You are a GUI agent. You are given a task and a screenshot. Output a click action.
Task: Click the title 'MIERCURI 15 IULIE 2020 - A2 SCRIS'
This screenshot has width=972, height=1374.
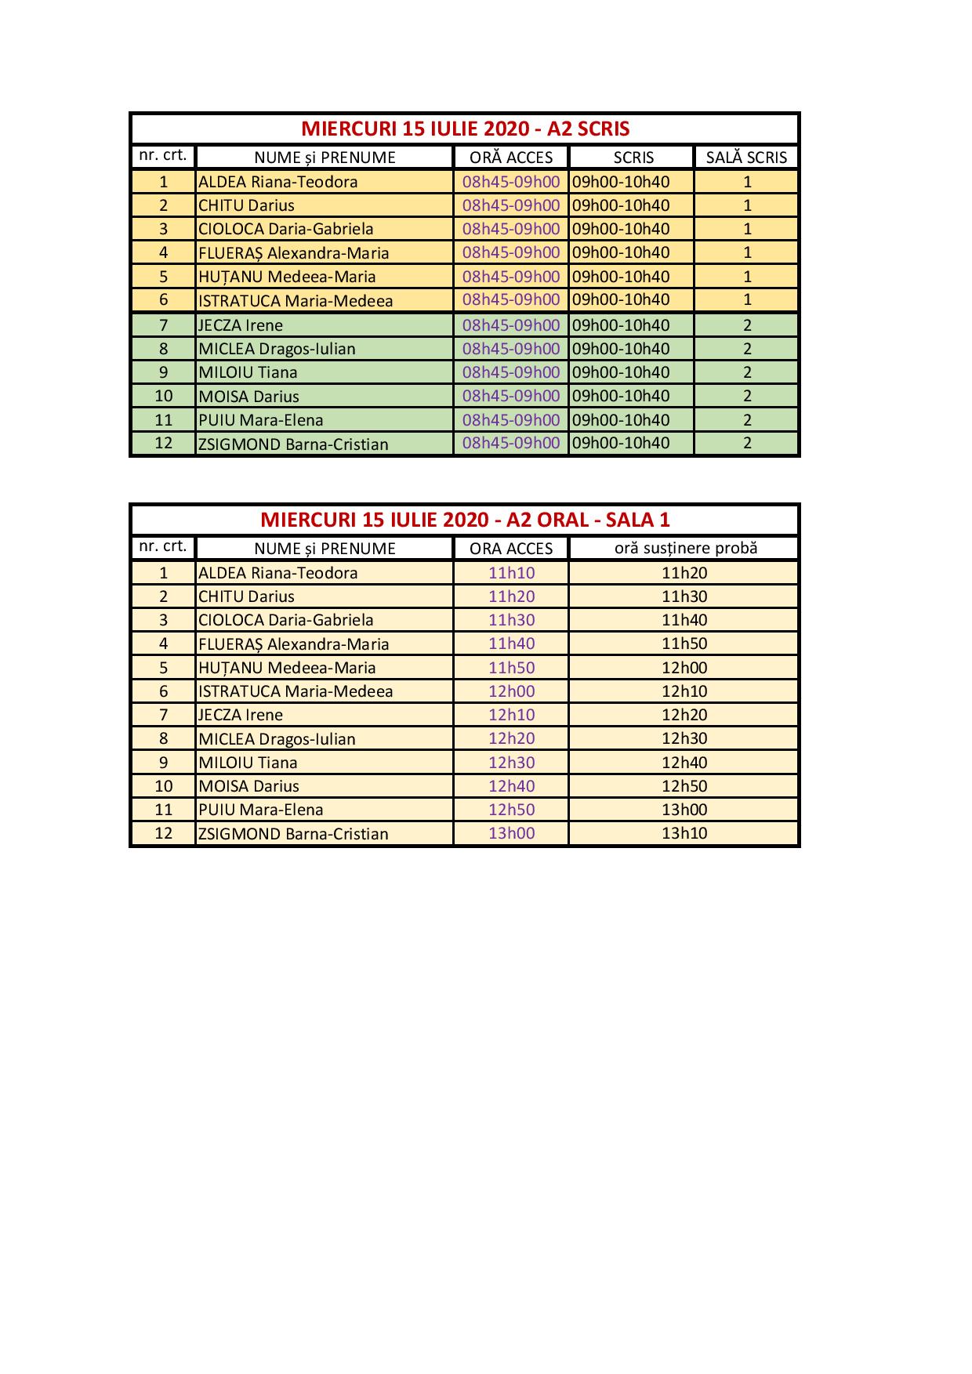(465, 129)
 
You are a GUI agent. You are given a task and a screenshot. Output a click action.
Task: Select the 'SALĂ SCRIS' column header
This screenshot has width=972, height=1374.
(745, 158)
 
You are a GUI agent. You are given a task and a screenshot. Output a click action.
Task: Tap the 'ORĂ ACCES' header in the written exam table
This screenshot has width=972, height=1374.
(511, 158)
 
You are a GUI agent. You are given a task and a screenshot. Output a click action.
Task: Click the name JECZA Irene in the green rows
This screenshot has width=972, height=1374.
(241, 325)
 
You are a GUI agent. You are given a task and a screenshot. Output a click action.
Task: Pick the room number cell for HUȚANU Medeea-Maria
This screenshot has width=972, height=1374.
(747, 277)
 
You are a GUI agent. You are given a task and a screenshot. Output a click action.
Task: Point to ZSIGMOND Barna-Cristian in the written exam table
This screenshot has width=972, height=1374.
(293, 444)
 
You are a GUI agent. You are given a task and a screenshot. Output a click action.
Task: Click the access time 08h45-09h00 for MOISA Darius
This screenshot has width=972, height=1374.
(511, 396)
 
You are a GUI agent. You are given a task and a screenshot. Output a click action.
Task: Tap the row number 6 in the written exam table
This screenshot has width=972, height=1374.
(163, 300)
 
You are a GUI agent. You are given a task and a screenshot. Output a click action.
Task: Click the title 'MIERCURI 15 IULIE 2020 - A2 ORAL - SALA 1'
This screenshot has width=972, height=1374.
(465, 520)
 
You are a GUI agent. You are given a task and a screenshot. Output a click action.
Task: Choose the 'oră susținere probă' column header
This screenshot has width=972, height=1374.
(685, 548)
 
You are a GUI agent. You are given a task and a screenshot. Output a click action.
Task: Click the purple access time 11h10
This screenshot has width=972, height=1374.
(511, 573)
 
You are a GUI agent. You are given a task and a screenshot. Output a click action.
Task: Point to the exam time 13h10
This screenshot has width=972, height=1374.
(684, 833)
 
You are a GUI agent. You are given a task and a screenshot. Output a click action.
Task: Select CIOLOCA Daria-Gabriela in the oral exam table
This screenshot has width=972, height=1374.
(285, 620)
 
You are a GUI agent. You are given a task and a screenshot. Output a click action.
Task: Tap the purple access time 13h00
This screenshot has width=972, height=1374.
(511, 833)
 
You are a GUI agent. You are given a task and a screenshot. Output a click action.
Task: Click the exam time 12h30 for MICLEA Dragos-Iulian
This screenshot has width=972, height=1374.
(684, 738)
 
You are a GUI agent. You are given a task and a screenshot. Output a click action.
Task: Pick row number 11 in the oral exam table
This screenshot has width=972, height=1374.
(163, 810)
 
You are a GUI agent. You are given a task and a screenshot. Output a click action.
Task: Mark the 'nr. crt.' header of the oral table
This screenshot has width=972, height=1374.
(163, 546)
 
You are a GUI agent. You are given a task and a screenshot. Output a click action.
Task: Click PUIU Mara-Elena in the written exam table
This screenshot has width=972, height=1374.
(260, 420)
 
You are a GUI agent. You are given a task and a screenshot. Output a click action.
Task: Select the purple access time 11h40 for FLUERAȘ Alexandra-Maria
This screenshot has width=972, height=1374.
(511, 643)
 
